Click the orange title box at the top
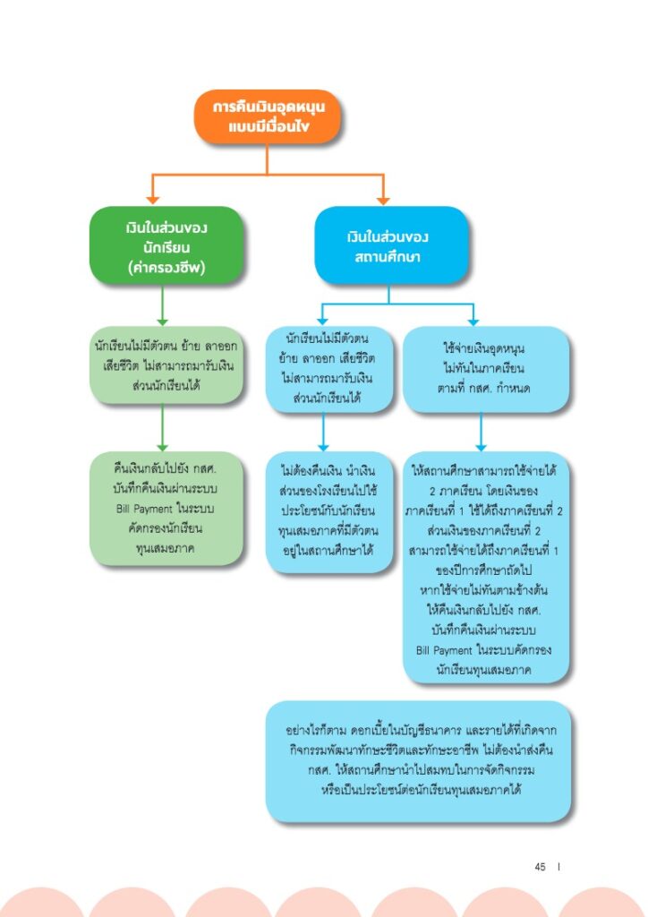coord(267,116)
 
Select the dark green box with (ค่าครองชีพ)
coord(166,245)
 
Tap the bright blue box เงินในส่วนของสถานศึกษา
coord(391,245)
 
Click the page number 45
coord(540,867)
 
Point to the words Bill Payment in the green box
coord(144,509)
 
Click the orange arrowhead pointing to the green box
coord(152,200)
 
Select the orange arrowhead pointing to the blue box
coord(383,200)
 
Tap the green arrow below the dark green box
coord(162,305)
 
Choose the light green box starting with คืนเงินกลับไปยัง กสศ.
coord(166,509)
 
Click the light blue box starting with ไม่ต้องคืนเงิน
coord(329,511)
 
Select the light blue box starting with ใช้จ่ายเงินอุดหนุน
coord(486,369)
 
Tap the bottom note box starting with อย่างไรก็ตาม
coord(418,761)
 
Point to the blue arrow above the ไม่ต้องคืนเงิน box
coord(323,432)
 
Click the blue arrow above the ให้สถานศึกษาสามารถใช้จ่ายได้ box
coord(481,432)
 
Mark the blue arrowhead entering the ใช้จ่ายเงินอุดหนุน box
coord(473,321)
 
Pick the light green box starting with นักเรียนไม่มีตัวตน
coord(166,365)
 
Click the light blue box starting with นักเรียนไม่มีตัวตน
coord(329,369)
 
